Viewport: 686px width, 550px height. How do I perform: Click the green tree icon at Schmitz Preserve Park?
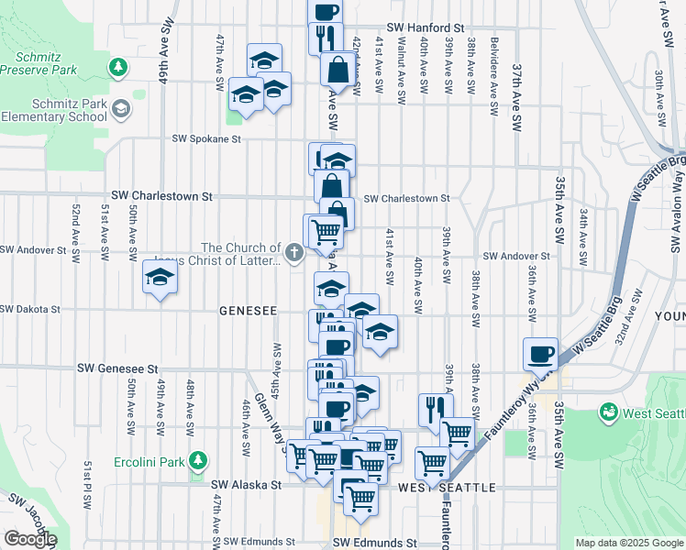point(116,67)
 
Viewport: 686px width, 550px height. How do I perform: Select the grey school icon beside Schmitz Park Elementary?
point(120,110)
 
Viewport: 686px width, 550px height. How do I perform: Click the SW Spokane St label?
point(206,139)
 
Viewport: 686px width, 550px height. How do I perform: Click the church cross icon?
point(294,253)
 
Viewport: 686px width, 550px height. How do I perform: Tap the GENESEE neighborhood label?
point(248,312)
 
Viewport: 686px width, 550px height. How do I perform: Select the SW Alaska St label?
point(246,485)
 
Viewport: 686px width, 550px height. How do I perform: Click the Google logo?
point(30,539)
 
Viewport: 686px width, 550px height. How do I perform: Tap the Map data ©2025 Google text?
point(628,543)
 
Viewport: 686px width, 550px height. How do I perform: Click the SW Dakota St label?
point(30,310)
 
